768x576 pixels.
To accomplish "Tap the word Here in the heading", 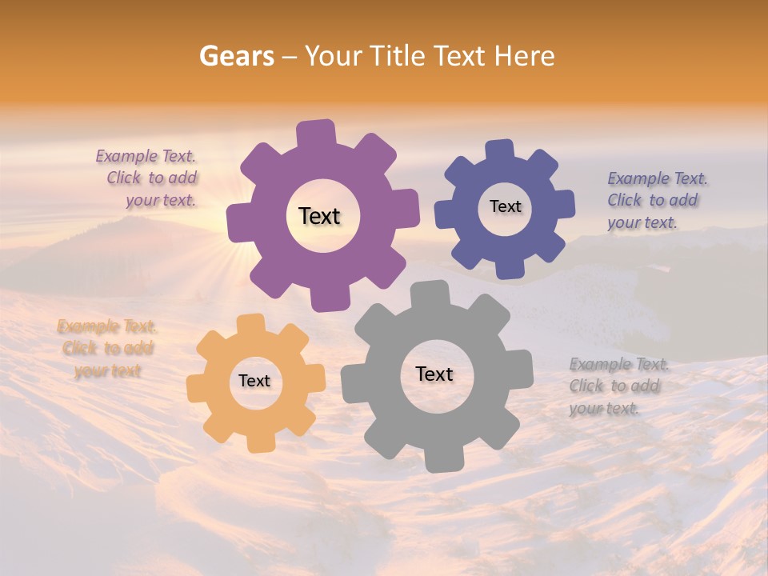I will click(524, 56).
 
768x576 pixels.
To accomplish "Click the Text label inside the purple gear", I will click(319, 216).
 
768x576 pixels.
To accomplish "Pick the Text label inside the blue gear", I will click(505, 206).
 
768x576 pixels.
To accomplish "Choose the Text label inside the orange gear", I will click(254, 381).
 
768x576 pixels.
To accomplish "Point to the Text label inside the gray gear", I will click(434, 374).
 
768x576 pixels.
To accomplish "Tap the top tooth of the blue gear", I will click(499, 150).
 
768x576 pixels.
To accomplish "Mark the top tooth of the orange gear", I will click(251, 323).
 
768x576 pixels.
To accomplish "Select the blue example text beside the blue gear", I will click(656, 200).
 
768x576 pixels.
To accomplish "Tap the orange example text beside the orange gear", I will click(107, 348).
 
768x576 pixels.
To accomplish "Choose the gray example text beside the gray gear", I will click(618, 386).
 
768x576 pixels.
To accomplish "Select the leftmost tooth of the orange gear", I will click(197, 389).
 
